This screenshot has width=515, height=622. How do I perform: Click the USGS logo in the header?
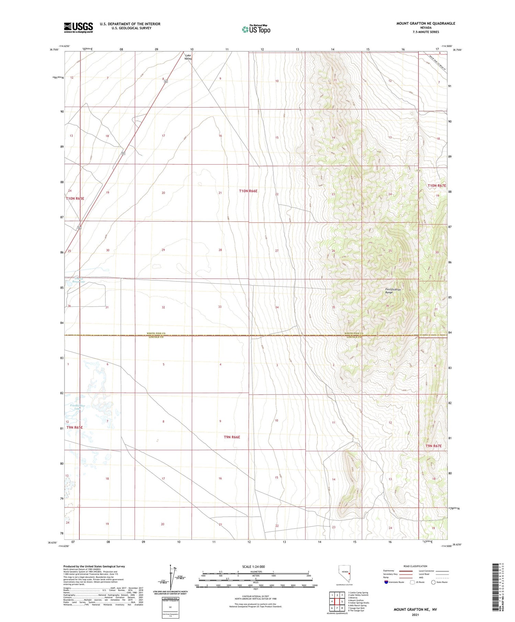pyautogui.click(x=78, y=27)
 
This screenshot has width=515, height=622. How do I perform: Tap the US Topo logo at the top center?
pyautogui.click(x=256, y=30)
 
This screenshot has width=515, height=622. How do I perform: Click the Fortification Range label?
pyautogui.click(x=393, y=291)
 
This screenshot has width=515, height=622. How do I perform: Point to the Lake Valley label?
pyautogui.click(x=188, y=57)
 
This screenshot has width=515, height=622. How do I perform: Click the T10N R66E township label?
pyautogui.click(x=248, y=191)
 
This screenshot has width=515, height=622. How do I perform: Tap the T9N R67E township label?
pyautogui.click(x=433, y=446)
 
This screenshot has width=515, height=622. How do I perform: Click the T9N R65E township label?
pyautogui.click(x=75, y=427)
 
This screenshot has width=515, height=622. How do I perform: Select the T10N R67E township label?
pyautogui.click(x=437, y=186)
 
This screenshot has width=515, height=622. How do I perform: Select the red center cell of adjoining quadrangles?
pyautogui.click(x=337, y=601)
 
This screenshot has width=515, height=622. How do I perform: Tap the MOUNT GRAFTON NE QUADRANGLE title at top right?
pyautogui.click(x=425, y=23)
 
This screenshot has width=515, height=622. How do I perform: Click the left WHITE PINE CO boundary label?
pyautogui.click(x=156, y=333)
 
